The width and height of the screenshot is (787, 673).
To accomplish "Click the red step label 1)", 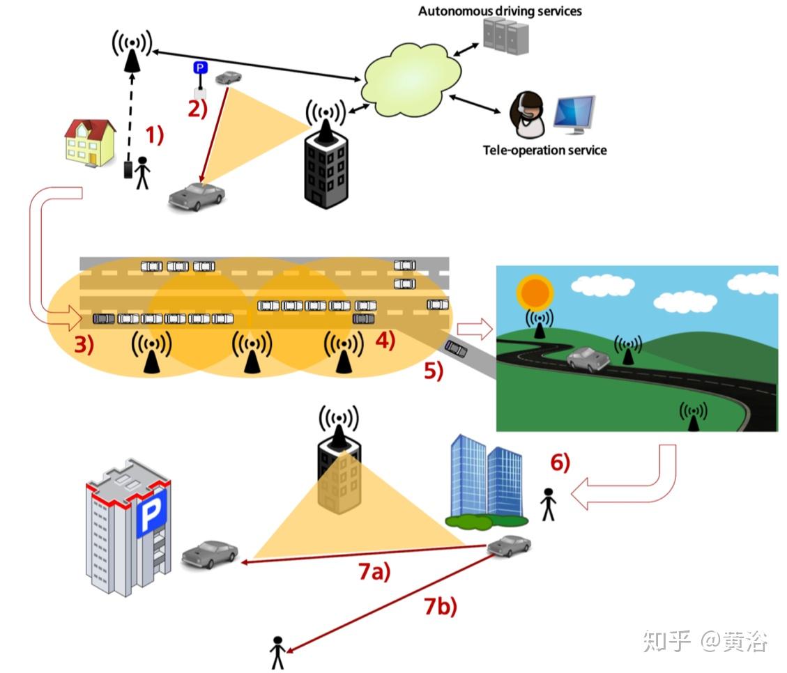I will [154, 134].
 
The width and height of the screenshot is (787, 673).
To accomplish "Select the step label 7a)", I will [374, 572].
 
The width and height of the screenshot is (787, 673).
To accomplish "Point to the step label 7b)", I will [441, 607].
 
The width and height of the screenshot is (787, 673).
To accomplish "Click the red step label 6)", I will [560, 462].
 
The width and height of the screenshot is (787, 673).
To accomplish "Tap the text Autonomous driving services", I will [500, 11].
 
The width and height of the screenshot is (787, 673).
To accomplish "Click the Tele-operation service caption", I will [544, 150].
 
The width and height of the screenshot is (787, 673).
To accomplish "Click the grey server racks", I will [505, 37].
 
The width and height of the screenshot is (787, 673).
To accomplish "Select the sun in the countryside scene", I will [535, 293].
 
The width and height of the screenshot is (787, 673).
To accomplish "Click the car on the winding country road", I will [588, 360].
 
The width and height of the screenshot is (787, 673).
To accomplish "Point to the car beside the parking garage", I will [209, 555].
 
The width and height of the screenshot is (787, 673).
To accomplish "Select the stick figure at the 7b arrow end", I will [277, 653].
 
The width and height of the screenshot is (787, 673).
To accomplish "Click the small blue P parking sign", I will [200, 68].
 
